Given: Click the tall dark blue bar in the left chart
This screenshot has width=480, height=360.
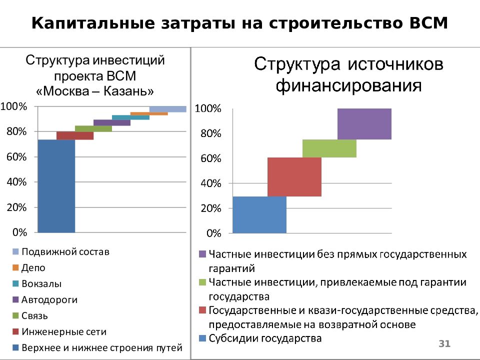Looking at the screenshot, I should [56, 186].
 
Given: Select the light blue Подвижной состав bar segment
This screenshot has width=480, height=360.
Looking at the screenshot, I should [167, 109].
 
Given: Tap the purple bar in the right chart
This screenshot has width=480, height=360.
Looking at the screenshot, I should [364, 123].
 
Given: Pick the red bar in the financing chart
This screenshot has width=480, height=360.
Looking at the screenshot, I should [294, 177].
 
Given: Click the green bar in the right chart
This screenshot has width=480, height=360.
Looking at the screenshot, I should [329, 148].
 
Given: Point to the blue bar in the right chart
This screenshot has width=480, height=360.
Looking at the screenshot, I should [259, 214].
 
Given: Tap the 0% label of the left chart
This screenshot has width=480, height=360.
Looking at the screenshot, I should [14, 232].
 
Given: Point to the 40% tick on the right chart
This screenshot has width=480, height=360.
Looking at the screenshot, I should [210, 183].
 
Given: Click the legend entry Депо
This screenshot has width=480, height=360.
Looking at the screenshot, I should [33, 267].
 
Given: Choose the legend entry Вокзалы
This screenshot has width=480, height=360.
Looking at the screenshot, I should [41, 283].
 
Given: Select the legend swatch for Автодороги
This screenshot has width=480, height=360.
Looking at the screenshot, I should [15, 300].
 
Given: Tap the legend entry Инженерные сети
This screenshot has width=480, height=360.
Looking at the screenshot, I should [63, 331].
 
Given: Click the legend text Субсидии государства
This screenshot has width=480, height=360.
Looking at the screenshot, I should [265, 338].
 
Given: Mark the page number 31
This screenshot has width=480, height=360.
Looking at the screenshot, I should [444, 343].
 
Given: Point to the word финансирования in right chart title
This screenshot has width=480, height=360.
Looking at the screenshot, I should [348, 85].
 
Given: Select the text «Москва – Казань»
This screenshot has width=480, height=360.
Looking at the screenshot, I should [95, 91].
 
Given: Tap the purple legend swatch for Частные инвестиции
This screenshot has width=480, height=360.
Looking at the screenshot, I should [202, 254].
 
